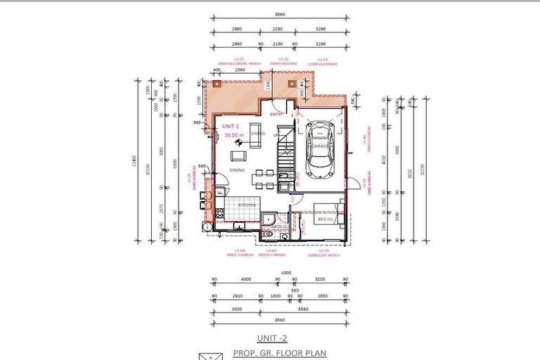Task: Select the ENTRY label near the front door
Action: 276,113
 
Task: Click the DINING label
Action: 236,169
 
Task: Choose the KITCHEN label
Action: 247,205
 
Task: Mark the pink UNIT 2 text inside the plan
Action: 231,126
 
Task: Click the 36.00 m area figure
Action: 233,135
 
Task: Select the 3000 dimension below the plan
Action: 236,308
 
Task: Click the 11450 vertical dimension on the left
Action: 132,163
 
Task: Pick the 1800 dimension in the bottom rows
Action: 276,297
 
